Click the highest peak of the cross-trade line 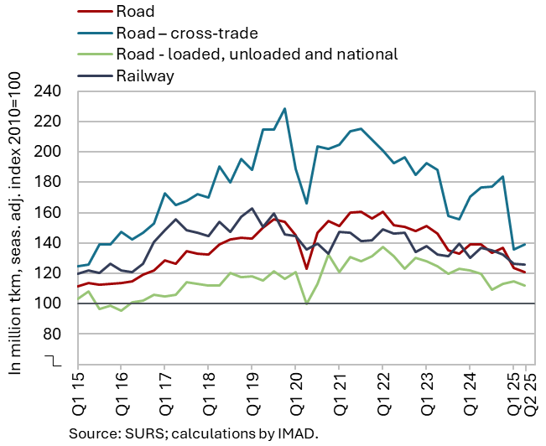[x=284, y=109]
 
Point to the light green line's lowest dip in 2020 [x=306, y=303]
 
